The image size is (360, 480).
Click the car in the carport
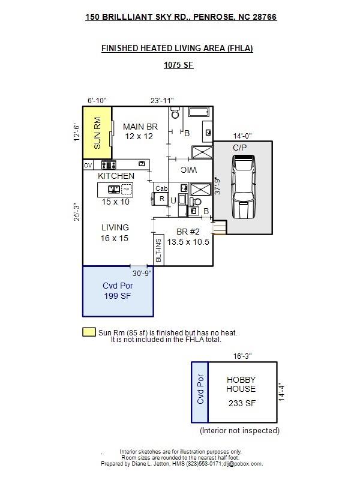[244, 187]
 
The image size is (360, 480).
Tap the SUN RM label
[97, 133]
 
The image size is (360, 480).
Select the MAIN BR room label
[140, 127]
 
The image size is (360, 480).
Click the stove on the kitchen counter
[109, 165]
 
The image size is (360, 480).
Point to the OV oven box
[88, 166]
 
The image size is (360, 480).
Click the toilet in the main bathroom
[175, 113]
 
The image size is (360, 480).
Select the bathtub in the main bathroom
[199, 112]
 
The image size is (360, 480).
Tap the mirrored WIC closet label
[188, 170]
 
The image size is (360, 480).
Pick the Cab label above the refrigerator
[161, 188]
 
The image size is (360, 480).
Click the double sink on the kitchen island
[114, 189]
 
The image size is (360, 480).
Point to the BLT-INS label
[158, 250]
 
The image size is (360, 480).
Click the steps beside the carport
[219, 228]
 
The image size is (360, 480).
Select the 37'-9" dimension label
[217, 185]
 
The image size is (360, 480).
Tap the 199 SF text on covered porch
[117, 296]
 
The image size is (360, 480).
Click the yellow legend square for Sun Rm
[89, 332]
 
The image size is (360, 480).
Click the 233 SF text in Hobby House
[242, 403]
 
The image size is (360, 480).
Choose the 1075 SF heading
[178, 65]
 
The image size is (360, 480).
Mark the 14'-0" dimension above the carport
[242, 136]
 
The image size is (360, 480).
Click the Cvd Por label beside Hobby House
[200, 389]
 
